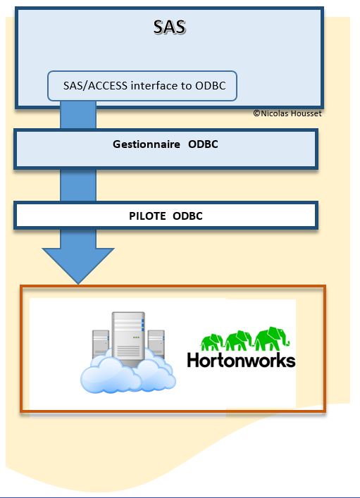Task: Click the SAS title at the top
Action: [170, 27]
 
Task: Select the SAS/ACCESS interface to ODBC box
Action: [142, 86]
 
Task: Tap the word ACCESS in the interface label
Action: [107, 86]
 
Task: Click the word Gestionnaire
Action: [147, 144]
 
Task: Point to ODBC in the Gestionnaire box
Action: [203, 144]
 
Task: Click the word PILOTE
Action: [147, 216]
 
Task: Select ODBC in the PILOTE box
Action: [187, 216]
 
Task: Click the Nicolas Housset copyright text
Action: [287, 113]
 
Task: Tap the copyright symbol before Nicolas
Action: [256, 113]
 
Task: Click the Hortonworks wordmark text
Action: [241, 361]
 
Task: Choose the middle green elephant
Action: [238, 340]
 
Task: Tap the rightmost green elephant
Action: [272, 338]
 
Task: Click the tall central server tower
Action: [128, 338]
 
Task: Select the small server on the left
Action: [101, 344]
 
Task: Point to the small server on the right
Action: [156, 344]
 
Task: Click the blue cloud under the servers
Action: [128, 375]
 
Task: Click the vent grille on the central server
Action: [128, 351]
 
